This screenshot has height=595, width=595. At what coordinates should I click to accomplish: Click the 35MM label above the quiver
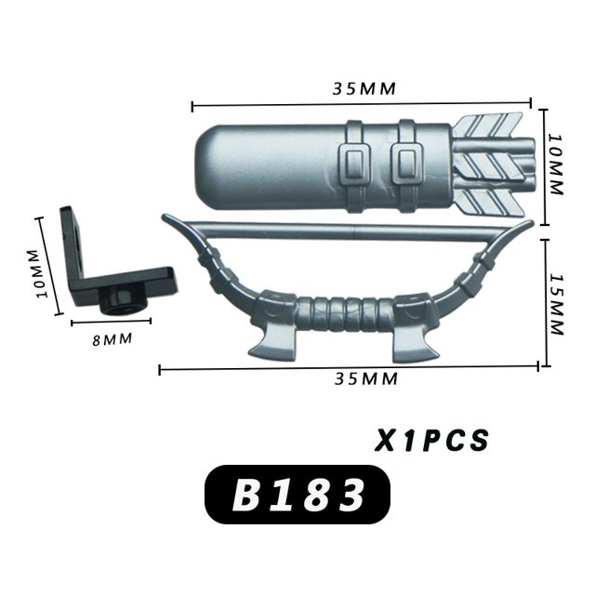click(364, 88)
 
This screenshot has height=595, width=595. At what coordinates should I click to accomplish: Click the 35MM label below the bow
click(366, 378)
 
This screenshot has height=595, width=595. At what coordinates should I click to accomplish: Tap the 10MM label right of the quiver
click(556, 165)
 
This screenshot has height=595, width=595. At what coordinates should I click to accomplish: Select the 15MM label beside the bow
click(557, 305)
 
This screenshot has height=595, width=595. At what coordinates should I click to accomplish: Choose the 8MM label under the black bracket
click(112, 339)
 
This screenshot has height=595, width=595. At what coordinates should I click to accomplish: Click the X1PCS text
click(431, 440)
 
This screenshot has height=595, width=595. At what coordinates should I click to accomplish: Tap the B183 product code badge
click(297, 495)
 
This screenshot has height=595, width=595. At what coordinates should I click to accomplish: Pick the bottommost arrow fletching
click(490, 203)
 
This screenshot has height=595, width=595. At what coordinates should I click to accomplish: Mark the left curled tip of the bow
click(167, 218)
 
